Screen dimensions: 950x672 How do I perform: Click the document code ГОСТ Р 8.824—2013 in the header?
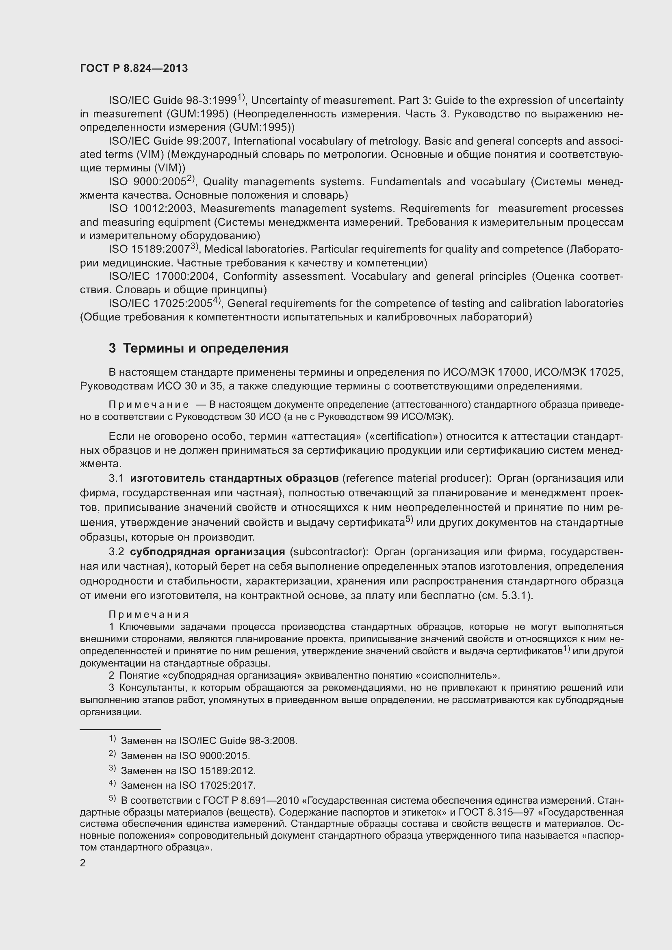134,68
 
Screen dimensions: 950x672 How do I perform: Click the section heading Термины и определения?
206,348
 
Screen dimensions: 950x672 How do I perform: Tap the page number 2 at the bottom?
83,863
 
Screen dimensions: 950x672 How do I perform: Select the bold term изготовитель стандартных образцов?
234,478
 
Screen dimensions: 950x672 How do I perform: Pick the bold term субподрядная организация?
207,552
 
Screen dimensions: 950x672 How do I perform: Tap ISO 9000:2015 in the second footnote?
214,756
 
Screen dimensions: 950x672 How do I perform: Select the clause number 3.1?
116,478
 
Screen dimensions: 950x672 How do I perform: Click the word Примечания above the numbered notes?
149,615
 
